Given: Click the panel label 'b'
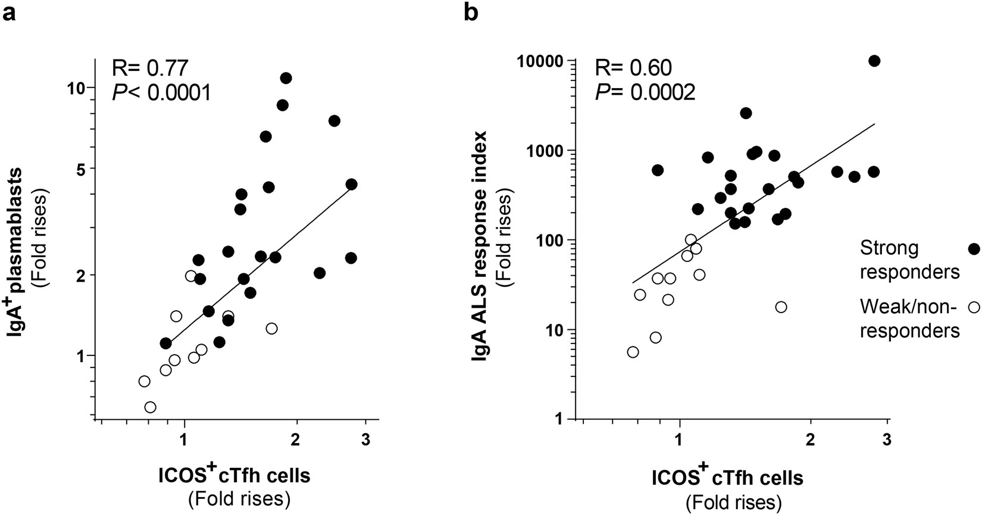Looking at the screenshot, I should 471,12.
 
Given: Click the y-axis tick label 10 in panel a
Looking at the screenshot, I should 77,88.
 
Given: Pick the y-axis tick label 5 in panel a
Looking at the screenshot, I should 81,168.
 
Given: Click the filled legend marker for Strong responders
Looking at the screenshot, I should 974,249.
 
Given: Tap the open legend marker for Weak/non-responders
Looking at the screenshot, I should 974,307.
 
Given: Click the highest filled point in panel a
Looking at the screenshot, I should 286,78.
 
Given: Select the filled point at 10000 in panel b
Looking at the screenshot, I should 874,61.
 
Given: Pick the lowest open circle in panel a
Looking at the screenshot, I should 150,407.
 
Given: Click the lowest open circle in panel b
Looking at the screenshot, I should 633,352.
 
